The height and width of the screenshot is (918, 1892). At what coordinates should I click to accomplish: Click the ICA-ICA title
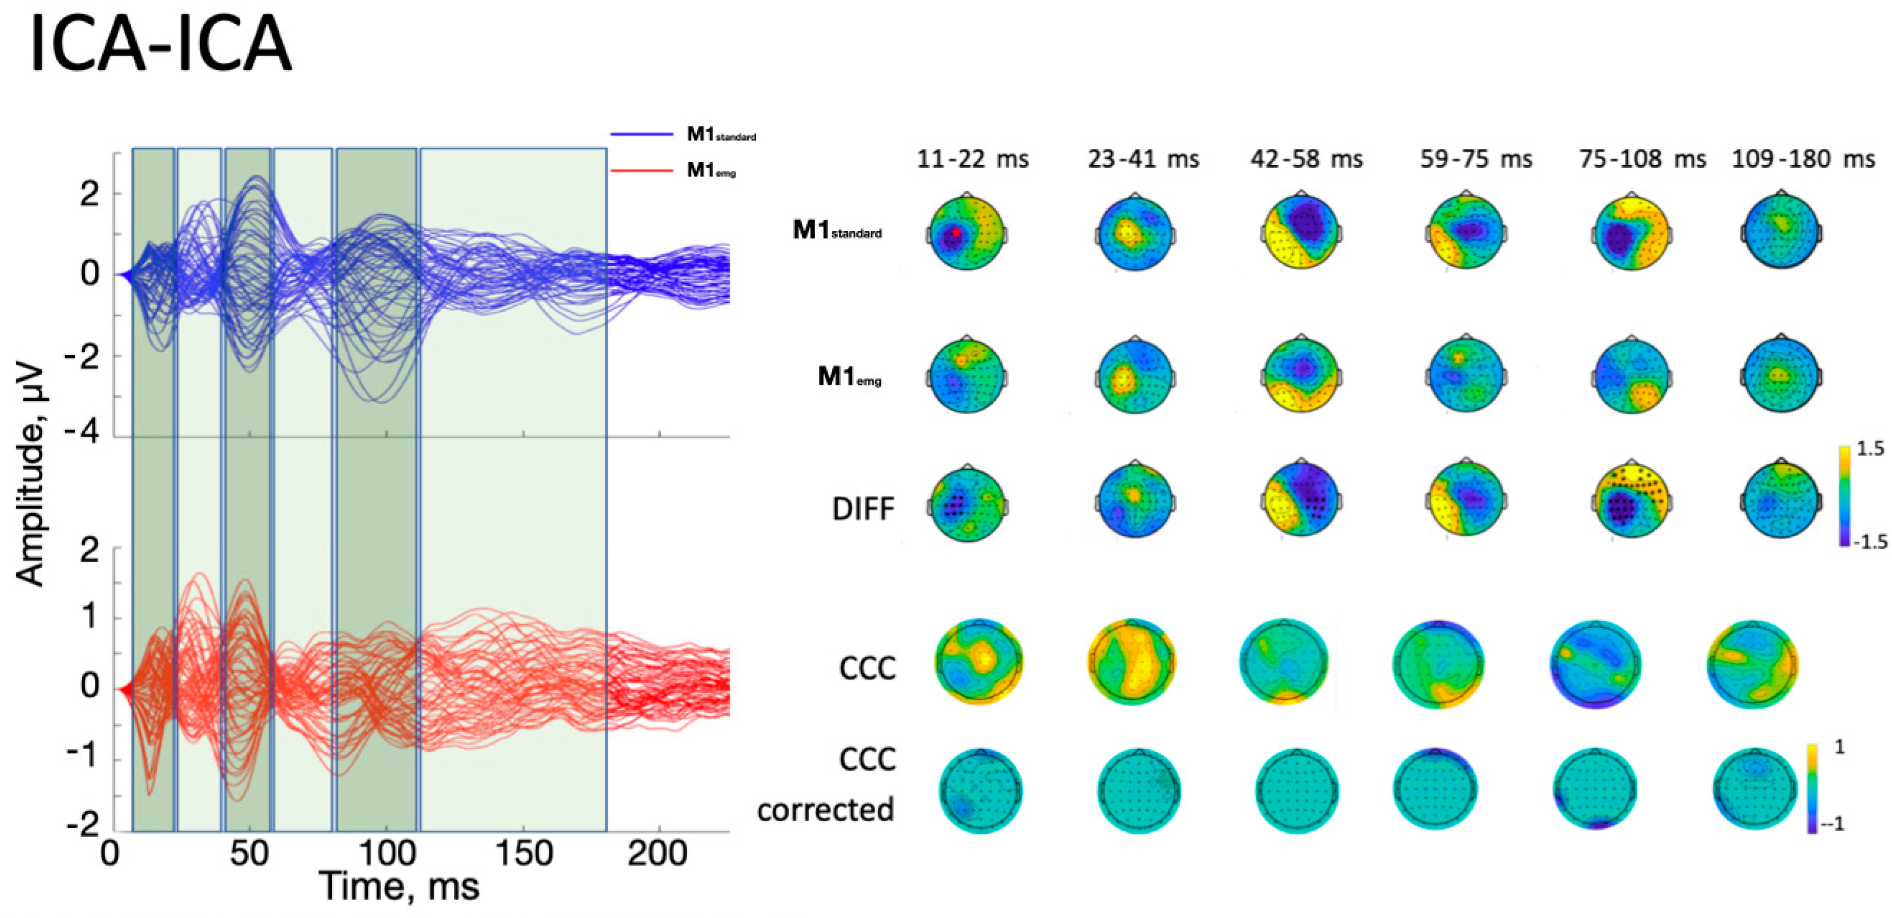tap(160, 44)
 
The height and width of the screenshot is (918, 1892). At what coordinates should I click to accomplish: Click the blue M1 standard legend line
tap(641, 135)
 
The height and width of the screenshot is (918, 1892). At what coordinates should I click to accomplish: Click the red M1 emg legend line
tap(641, 170)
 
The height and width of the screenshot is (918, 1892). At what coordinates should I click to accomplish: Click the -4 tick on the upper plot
tap(81, 431)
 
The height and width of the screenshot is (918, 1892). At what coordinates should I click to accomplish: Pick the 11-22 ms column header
tap(972, 159)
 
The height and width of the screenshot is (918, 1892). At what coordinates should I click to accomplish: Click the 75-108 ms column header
tap(1642, 159)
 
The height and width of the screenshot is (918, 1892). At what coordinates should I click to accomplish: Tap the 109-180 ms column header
tap(1803, 159)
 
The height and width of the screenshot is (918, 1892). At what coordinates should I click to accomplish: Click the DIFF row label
tap(863, 508)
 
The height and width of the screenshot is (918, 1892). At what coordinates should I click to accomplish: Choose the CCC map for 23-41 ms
tap(1132, 662)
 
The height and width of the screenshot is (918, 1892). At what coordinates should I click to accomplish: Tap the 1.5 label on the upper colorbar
tap(1869, 448)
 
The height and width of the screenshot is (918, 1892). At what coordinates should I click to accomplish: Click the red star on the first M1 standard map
tap(956, 233)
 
